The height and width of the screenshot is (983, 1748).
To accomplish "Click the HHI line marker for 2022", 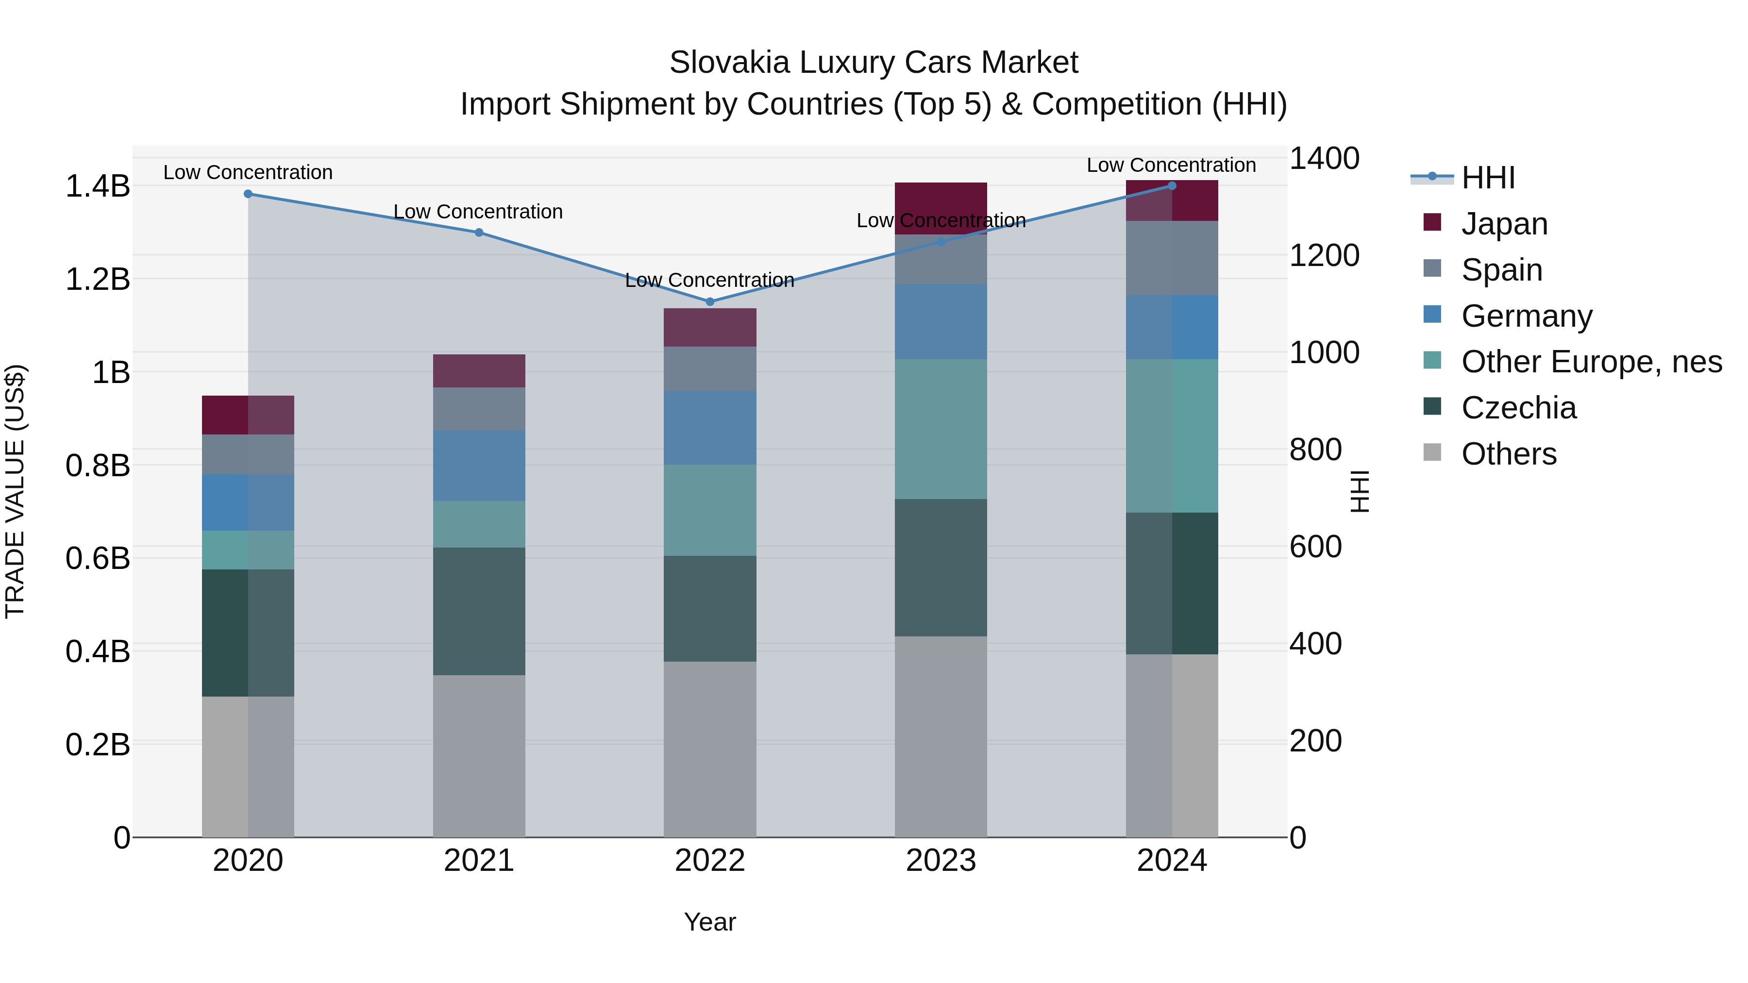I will point(710,301).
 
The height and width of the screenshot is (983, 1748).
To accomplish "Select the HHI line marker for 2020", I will point(248,194).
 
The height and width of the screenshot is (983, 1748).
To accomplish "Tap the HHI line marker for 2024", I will point(1172,186).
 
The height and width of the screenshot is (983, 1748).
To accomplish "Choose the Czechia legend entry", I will point(1518,408).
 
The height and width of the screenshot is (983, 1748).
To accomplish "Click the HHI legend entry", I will point(1487,178).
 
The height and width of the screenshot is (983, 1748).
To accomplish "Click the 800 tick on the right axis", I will point(1315,450).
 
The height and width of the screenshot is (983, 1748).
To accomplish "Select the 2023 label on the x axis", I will point(941,861).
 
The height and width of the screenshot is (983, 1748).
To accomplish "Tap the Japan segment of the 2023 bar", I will point(941,208).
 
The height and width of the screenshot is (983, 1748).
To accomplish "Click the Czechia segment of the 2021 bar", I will point(479,611).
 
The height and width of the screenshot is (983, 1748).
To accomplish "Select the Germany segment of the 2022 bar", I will point(710,427).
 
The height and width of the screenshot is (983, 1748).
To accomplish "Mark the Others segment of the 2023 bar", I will point(941,736).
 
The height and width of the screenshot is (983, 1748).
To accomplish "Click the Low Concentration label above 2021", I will point(478,212).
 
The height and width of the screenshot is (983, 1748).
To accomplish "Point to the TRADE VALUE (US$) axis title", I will point(15,491).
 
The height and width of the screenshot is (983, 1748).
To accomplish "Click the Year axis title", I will point(710,922).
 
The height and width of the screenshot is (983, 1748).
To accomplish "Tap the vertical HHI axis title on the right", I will point(1360,491).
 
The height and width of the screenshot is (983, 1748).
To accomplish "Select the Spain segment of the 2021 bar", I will point(479,408).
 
